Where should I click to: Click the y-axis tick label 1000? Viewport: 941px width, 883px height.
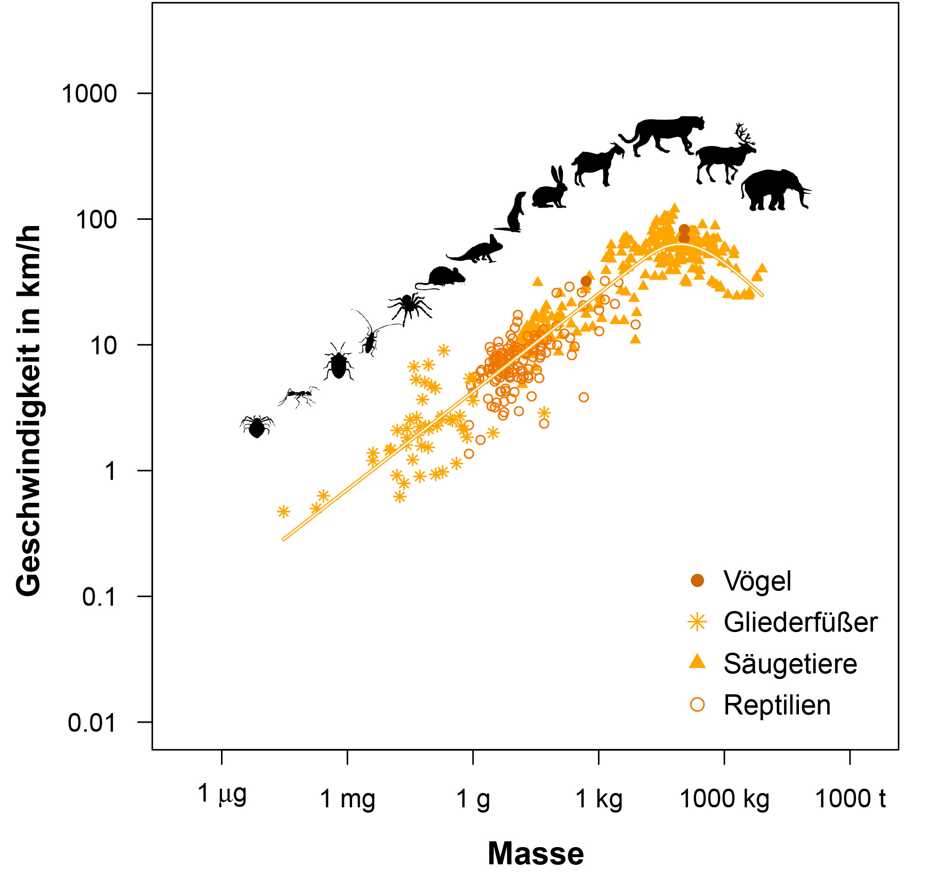[x=89, y=94]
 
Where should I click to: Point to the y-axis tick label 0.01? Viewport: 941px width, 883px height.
[x=92, y=723]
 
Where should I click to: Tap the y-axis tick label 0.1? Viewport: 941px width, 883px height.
[x=99, y=597]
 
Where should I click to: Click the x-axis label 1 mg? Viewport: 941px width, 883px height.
[x=347, y=799]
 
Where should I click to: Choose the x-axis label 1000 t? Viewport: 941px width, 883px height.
[x=850, y=799]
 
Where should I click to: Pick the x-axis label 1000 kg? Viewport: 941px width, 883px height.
[x=724, y=799]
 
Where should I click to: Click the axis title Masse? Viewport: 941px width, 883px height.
[x=536, y=853]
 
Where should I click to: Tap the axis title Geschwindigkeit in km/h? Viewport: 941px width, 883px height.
[x=29, y=411]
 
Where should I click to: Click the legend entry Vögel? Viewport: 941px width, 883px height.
[x=757, y=581]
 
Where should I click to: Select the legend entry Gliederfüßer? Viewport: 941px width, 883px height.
[x=800, y=623]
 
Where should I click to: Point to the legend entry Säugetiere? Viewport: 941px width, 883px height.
[x=790, y=664]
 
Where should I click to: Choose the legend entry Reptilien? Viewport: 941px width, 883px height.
[x=776, y=705]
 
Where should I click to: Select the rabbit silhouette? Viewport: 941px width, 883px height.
[x=550, y=190]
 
